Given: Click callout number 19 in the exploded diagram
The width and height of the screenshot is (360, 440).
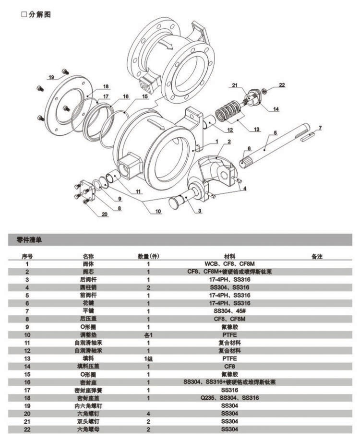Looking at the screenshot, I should pyautogui.click(x=51, y=77).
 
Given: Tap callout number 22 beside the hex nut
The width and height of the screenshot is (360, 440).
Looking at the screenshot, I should pyautogui.click(x=282, y=85).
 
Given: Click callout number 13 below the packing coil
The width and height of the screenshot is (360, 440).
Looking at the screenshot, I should pyautogui.click(x=257, y=129).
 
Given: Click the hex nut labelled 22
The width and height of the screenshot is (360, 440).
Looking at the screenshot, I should pyautogui.click(x=264, y=91).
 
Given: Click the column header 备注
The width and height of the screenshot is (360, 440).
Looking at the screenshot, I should pyautogui.click(x=317, y=257).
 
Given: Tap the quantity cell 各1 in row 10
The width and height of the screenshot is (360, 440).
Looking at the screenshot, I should pyautogui.click(x=148, y=334).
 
